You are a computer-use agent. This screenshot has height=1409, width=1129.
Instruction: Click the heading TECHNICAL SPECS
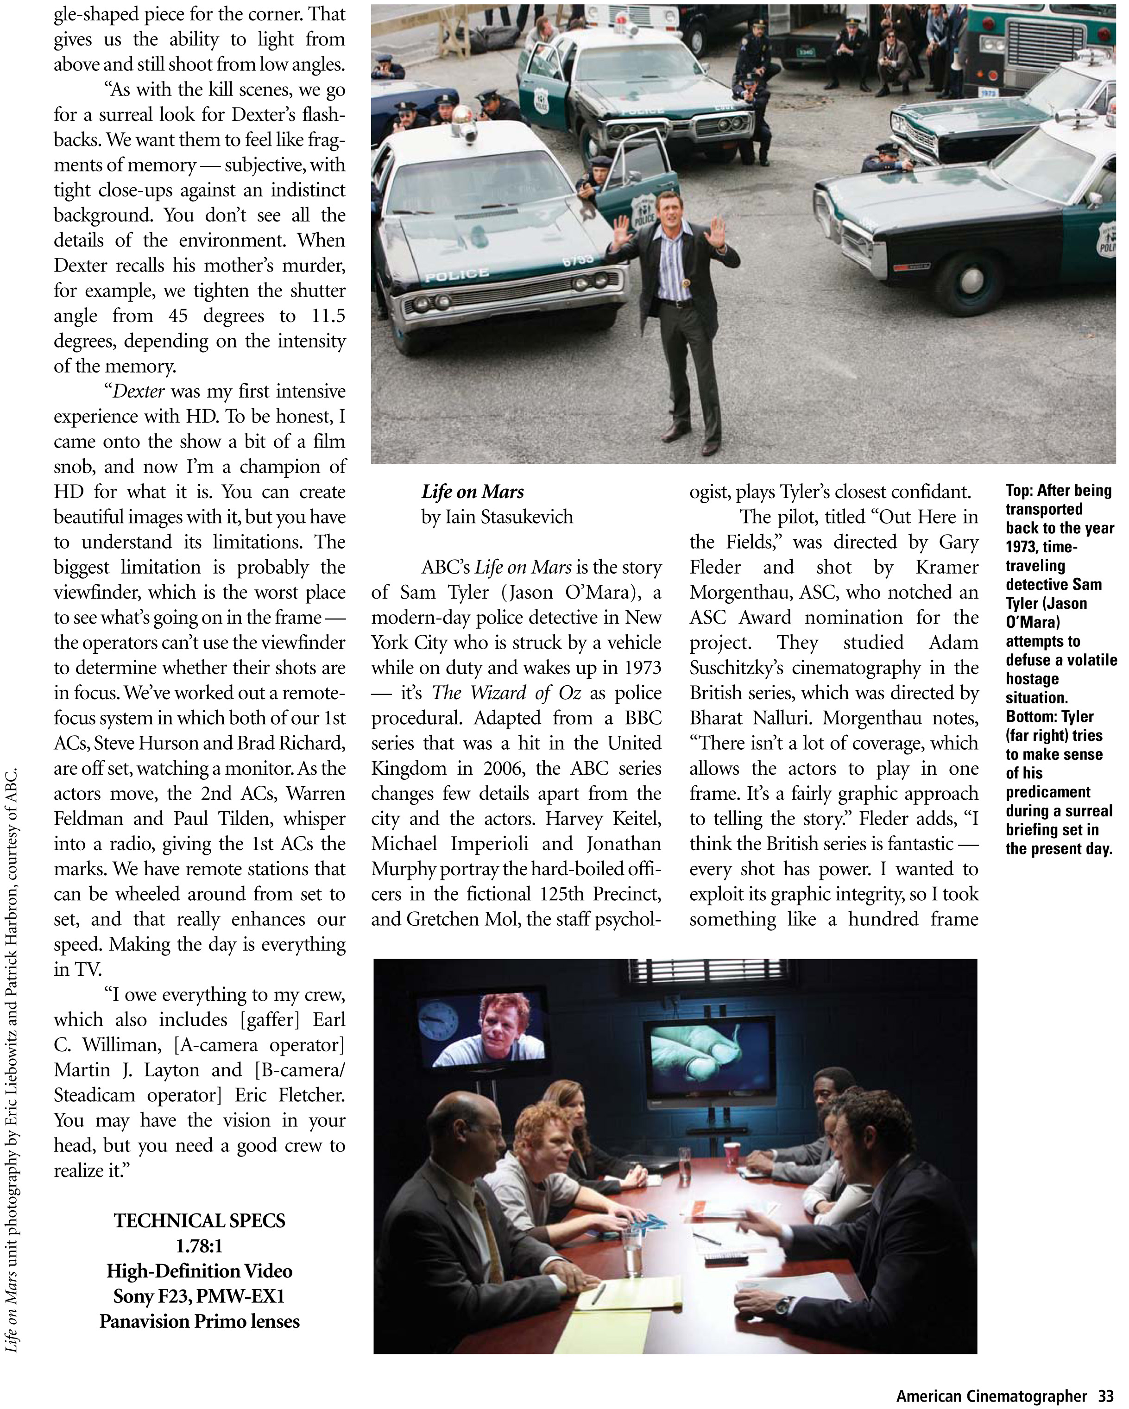(199, 1221)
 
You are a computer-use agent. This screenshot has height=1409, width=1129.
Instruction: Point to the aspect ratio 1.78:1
(199, 1245)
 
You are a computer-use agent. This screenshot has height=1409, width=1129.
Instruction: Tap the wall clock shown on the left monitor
(438, 1022)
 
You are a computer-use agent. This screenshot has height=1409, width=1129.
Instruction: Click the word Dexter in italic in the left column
(139, 392)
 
